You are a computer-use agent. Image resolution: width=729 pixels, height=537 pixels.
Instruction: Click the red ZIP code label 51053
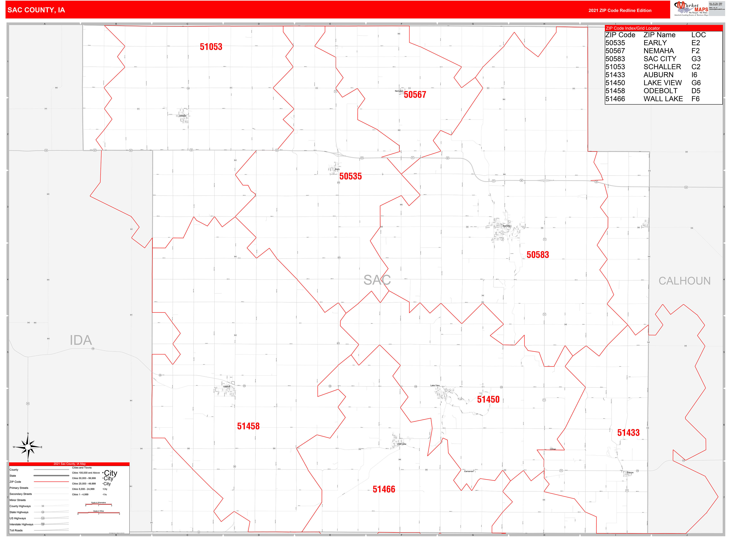pyautogui.click(x=211, y=47)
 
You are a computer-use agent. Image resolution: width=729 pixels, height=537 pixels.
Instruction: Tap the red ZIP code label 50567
pyautogui.click(x=415, y=95)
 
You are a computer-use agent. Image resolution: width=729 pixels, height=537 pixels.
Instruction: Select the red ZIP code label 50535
pyautogui.click(x=350, y=176)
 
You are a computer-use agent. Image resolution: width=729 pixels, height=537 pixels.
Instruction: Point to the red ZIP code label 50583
pyautogui.click(x=538, y=255)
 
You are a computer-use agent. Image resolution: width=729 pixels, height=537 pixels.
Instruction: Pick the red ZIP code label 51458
pyautogui.click(x=248, y=426)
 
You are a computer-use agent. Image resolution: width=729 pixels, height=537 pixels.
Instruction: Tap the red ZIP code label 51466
pyautogui.click(x=384, y=489)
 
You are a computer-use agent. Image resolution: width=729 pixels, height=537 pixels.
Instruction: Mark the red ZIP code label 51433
pyautogui.click(x=628, y=433)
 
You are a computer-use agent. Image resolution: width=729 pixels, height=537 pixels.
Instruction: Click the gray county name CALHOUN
pyautogui.click(x=684, y=281)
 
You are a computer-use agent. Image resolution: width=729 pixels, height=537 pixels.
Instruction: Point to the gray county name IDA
pyautogui.click(x=81, y=340)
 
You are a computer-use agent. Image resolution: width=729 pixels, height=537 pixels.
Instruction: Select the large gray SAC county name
pyautogui.click(x=377, y=280)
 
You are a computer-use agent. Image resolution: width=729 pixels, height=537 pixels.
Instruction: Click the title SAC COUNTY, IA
pyautogui.click(x=36, y=10)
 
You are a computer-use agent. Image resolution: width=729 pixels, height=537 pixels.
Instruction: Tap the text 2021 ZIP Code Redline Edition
pyautogui.click(x=620, y=10)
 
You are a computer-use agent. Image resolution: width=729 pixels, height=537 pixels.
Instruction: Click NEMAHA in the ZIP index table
pyautogui.click(x=658, y=51)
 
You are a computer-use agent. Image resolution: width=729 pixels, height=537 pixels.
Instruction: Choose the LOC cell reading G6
pyautogui.click(x=696, y=83)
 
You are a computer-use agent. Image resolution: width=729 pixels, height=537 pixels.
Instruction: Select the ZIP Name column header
pyautogui.click(x=659, y=35)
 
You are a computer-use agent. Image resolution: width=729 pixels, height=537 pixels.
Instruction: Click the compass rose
pyautogui.click(x=28, y=447)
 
